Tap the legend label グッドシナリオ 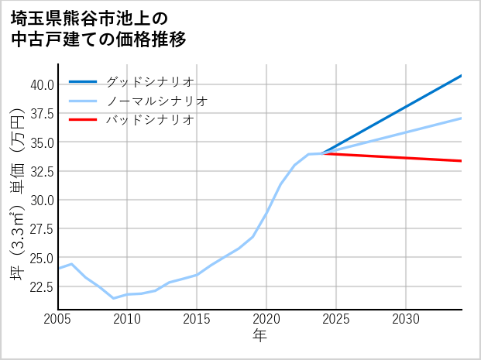pos(149,81)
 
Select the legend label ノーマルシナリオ pos(156,101)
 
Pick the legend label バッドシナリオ pos(149,120)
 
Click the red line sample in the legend pos(83,120)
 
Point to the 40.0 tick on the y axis pos(42,84)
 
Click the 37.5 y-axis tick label pos(42,113)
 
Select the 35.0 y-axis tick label pos(42,142)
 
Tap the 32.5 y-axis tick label pos(42,171)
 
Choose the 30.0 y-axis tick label pos(42,200)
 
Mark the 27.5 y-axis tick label pos(42,229)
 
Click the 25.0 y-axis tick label pos(42,258)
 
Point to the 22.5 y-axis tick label pos(42,286)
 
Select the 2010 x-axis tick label pos(127,319)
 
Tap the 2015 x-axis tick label pos(197,319)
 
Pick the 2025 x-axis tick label pos(336,319)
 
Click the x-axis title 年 pos(259,336)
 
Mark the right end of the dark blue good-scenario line pos(462,76)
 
